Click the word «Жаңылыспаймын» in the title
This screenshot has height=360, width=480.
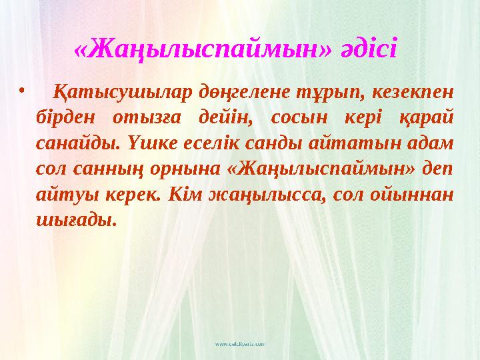click(x=203, y=48)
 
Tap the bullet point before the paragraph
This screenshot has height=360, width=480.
click(x=22, y=89)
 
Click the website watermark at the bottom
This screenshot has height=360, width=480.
click(x=239, y=344)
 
